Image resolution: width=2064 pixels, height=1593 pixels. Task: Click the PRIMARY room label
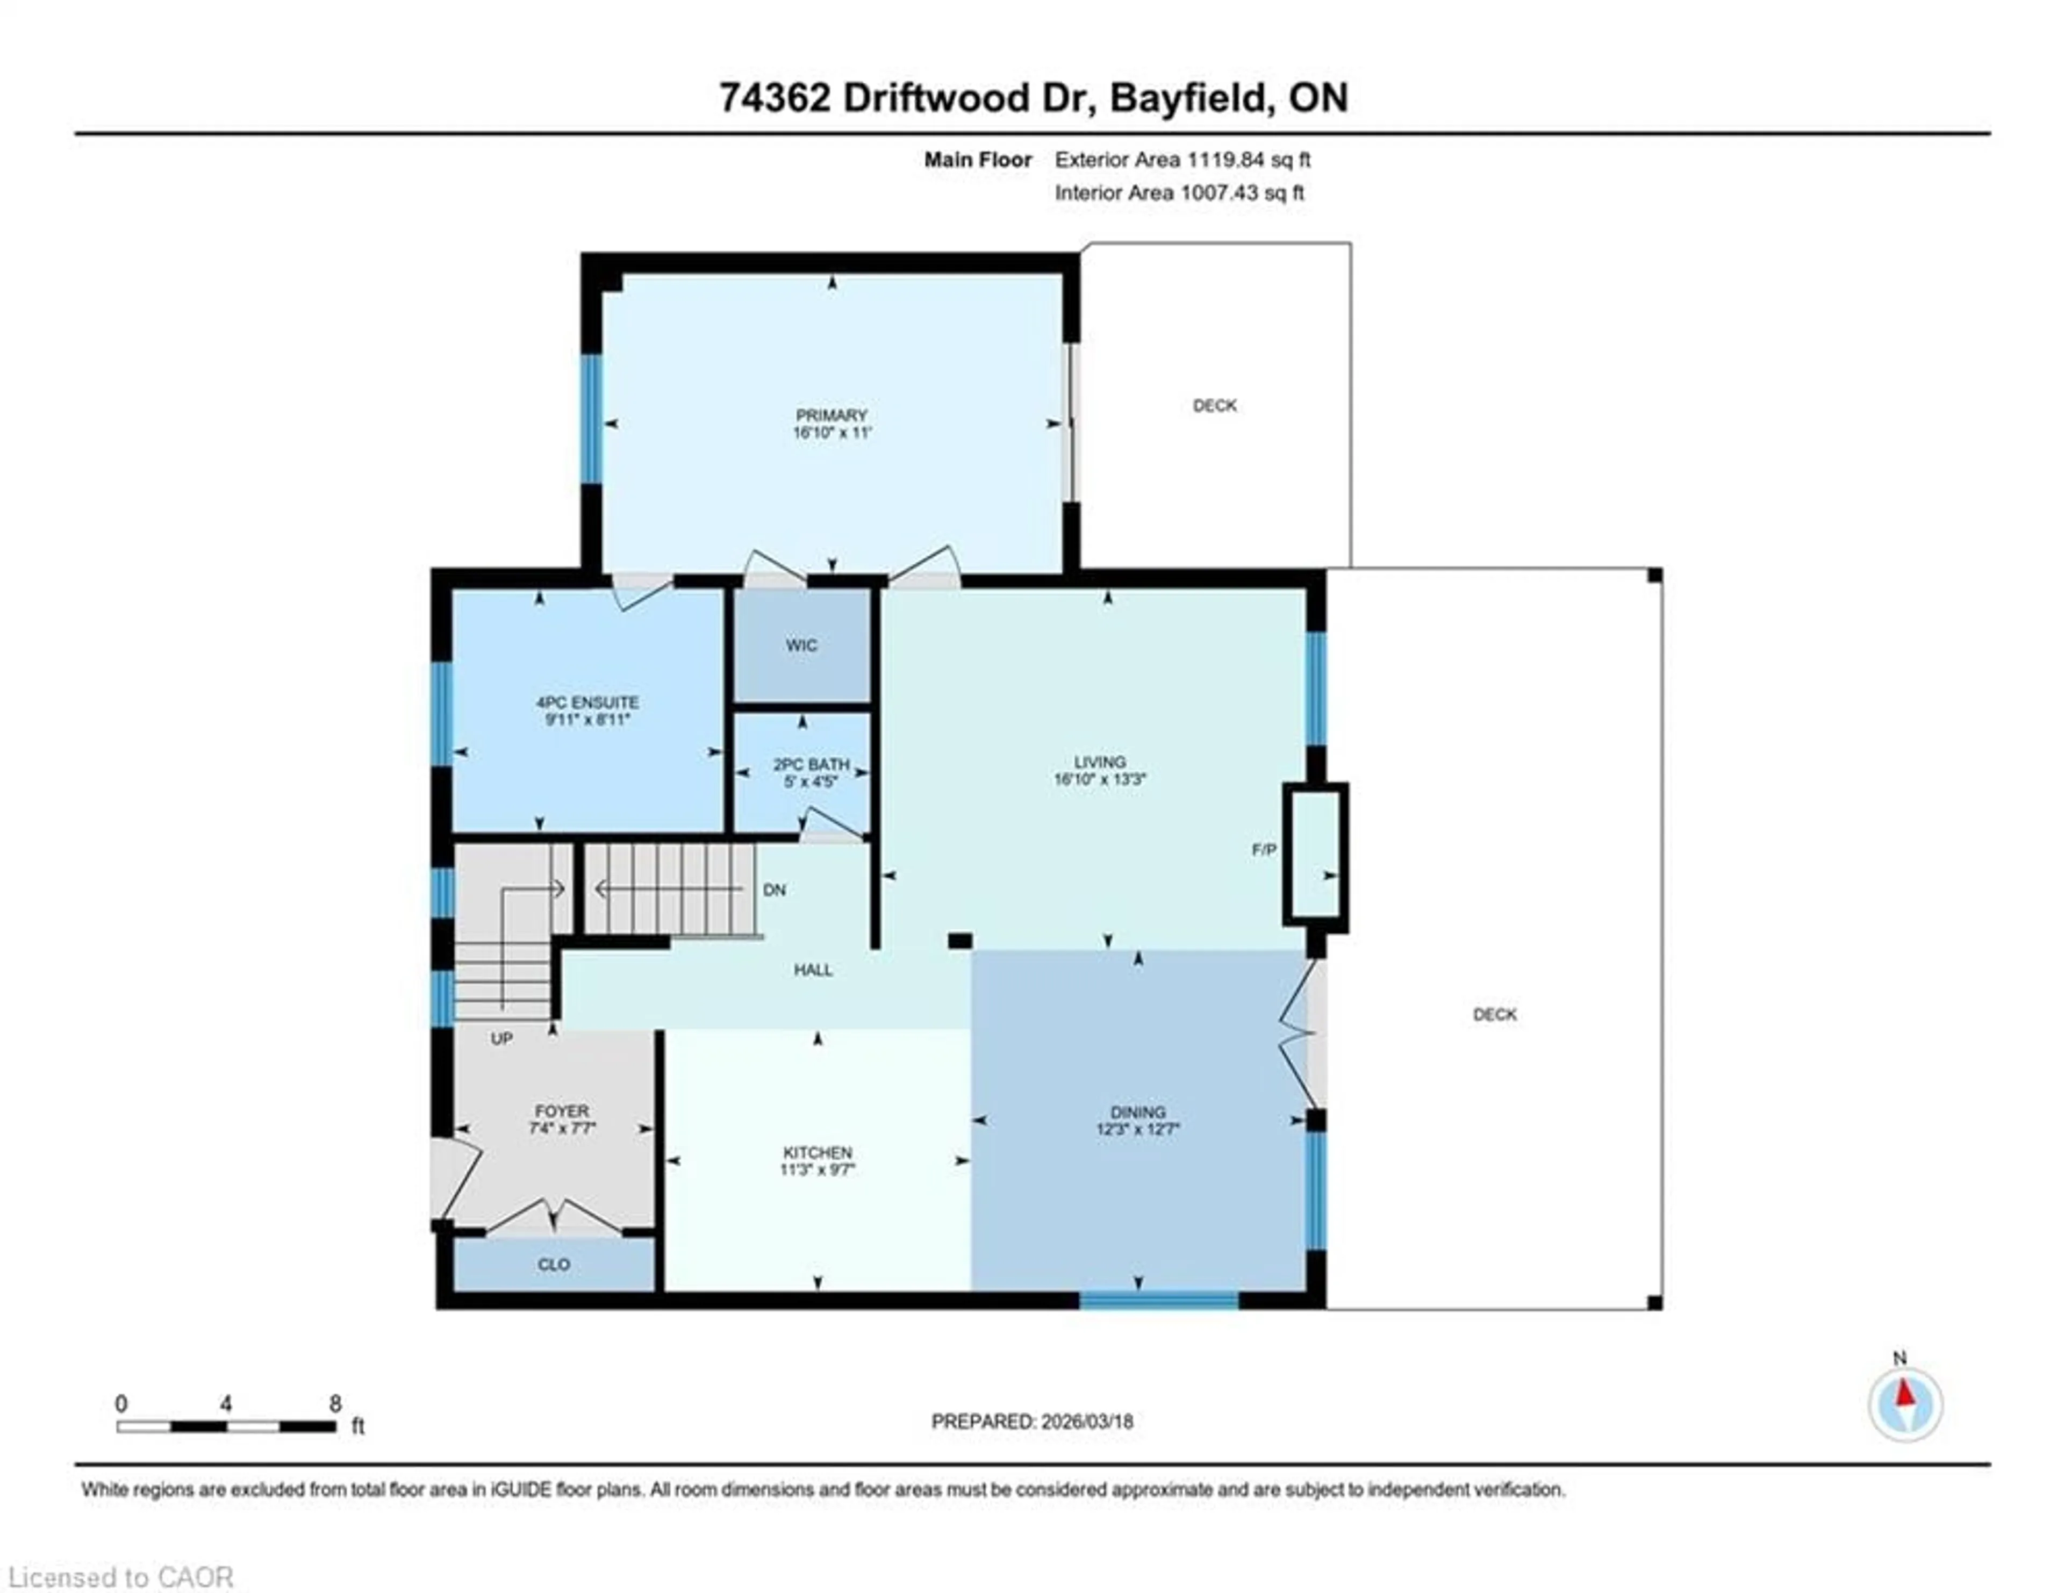[x=830, y=415]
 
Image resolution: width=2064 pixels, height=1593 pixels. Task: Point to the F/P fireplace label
[x=1264, y=850]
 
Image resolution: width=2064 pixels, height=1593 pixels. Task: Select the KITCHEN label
[x=818, y=1153]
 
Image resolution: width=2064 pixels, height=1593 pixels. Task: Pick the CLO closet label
[x=553, y=1265]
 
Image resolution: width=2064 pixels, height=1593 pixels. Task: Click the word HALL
[x=813, y=970]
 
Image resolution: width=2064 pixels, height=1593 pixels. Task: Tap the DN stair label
[x=774, y=890]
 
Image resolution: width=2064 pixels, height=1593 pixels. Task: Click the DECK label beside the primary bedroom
[x=1214, y=405]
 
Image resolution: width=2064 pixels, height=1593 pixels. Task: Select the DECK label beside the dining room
[x=1494, y=1015]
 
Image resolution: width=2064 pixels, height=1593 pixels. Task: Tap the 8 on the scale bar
[x=334, y=1404]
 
